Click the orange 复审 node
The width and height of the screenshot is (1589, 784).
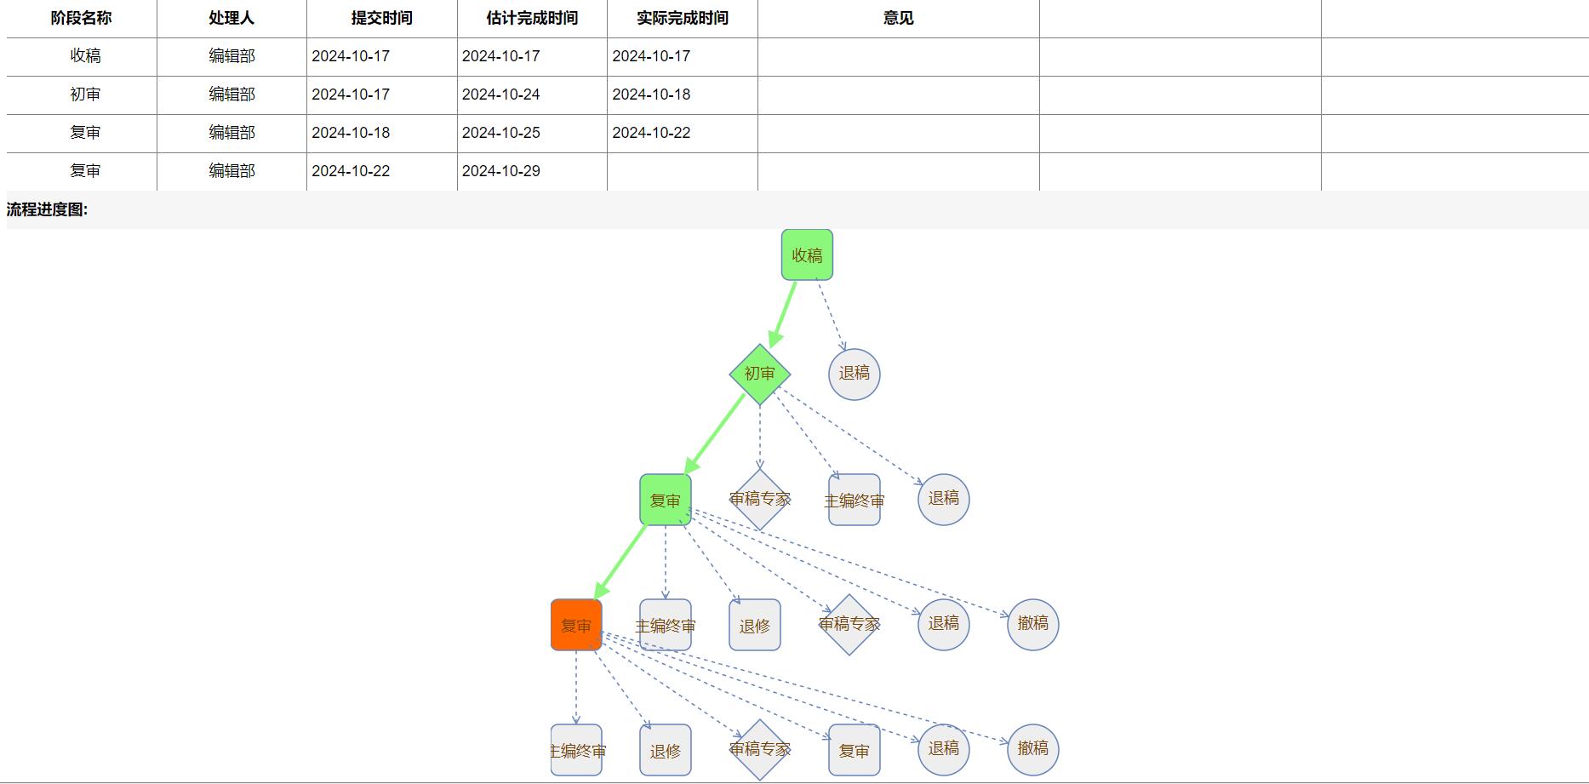(576, 625)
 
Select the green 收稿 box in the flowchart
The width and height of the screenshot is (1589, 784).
(807, 255)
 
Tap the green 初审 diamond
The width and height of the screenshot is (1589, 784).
(759, 374)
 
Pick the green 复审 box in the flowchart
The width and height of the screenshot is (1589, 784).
(665, 500)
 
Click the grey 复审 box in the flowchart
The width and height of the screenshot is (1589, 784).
(854, 750)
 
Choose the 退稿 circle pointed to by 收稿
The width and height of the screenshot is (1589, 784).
(854, 374)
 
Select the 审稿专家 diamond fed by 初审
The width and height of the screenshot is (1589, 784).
(759, 499)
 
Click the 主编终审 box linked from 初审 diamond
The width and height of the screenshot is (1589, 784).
(854, 500)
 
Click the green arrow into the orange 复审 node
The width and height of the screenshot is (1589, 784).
(621, 562)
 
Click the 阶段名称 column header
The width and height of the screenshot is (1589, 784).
(81, 18)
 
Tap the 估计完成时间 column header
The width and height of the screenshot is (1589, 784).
(532, 18)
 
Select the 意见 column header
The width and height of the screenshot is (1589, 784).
(898, 18)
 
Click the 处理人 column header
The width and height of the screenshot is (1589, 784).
(231, 18)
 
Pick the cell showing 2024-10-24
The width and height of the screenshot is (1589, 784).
(500, 94)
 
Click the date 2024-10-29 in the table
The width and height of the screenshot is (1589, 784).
(500, 171)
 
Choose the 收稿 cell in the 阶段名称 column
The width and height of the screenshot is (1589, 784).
(85, 56)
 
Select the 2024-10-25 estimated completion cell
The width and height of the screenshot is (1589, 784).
(500, 133)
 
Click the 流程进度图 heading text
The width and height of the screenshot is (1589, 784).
(47, 209)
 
